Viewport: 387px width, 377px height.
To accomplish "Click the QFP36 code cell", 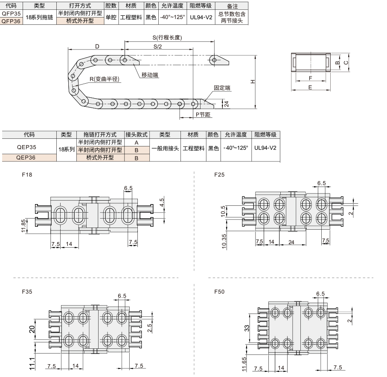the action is pos(11,21).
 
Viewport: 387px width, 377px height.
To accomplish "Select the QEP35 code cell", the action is pos(26,147).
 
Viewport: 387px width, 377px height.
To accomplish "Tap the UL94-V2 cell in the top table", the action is pos(201,17).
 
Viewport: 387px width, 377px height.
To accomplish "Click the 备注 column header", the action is pos(232,6).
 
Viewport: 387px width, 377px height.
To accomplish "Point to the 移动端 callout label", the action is pos(150,75).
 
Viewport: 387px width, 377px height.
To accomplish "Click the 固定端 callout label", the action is pos(222,88).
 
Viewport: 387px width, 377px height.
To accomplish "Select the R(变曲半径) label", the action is pos(104,79).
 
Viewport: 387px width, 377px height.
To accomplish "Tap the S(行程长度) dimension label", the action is pos(167,38).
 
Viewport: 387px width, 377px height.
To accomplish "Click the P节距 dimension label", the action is pos(203,114).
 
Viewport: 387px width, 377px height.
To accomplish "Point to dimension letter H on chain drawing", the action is pos(253,82).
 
